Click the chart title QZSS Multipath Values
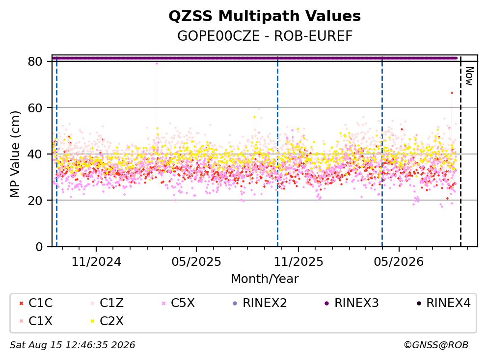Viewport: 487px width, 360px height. (x=265, y=16)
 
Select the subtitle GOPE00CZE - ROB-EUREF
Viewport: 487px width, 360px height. (x=265, y=36)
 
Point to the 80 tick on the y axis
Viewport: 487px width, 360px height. (x=35, y=61)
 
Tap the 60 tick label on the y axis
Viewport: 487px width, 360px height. (x=35, y=108)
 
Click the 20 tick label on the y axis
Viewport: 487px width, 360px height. (x=35, y=201)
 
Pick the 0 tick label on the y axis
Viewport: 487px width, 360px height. (x=39, y=247)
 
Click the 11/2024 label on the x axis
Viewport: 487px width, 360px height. (x=96, y=262)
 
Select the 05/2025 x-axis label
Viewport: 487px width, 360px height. (x=196, y=262)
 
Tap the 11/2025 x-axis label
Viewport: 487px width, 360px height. (x=298, y=262)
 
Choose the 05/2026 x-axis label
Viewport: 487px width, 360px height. (x=399, y=262)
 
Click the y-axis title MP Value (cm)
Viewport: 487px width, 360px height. (x=15, y=154)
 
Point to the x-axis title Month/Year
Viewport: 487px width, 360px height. (x=265, y=279)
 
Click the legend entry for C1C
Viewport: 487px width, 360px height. (x=36, y=303)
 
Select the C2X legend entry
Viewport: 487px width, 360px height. (x=107, y=321)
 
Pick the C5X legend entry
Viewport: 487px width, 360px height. (x=178, y=303)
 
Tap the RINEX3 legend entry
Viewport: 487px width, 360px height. (x=352, y=303)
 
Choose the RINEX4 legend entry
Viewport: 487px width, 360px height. (x=443, y=303)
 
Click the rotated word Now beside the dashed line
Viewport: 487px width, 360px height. (x=469, y=76)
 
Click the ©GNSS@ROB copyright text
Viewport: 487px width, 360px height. (x=436, y=345)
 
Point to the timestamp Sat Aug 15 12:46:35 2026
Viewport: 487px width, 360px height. (x=72, y=345)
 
